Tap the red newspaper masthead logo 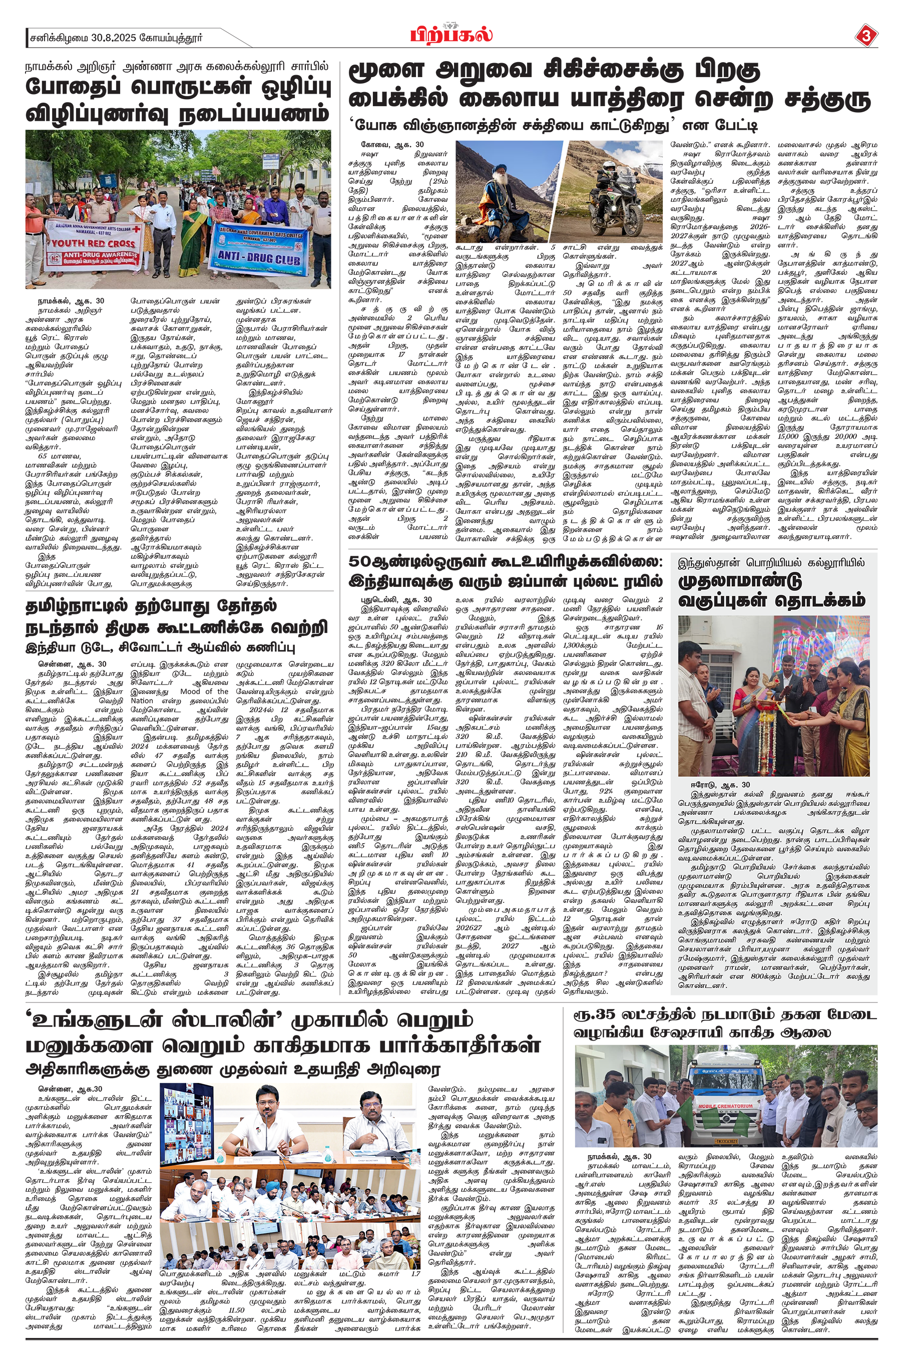tap(452, 34)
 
